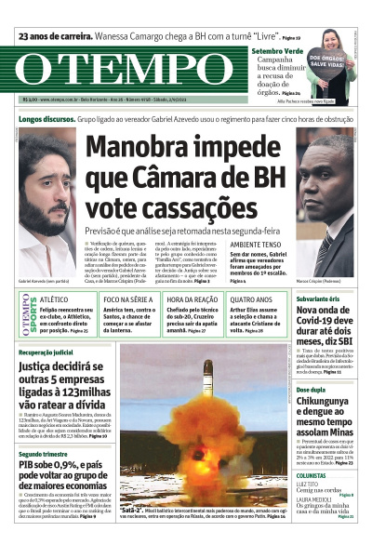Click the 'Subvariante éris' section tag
tap(319, 299)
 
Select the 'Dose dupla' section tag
tap(311, 390)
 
